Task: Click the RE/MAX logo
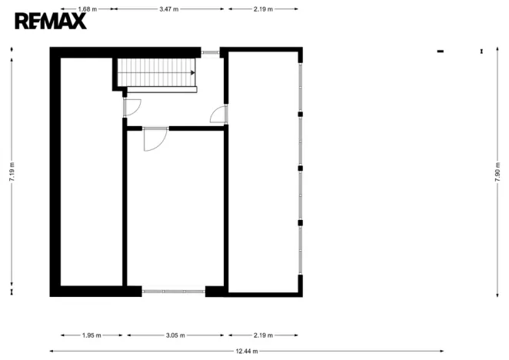coord(51,21)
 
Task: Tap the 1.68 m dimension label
coord(88,9)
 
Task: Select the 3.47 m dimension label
coord(169,9)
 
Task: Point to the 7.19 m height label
coord(11,170)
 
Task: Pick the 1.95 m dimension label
coord(91,335)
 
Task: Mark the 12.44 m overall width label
coord(247,351)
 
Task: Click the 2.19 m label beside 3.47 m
coord(264,9)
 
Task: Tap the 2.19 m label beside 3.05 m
coord(264,335)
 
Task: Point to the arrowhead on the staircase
coord(192,72)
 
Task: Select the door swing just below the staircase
coord(131,108)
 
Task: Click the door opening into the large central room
coord(155,138)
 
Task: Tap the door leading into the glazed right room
coord(219,115)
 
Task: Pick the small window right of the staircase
coord(210,52)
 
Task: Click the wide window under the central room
coord(174,292)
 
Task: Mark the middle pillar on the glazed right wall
coord(301,167)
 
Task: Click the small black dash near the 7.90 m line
coord(441,52)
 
